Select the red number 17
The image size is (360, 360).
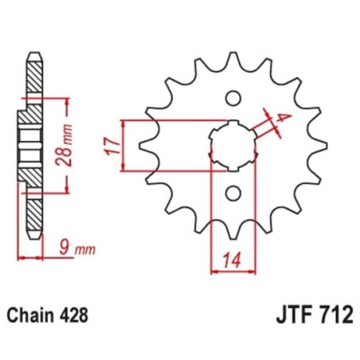pos(112,145)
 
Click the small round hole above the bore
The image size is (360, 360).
pos(233,99)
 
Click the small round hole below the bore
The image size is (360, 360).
pos(233,192)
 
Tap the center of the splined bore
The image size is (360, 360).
pos(232,145)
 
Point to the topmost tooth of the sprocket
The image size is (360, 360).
pos(232,57)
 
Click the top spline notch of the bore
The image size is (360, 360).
pos(232,124)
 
